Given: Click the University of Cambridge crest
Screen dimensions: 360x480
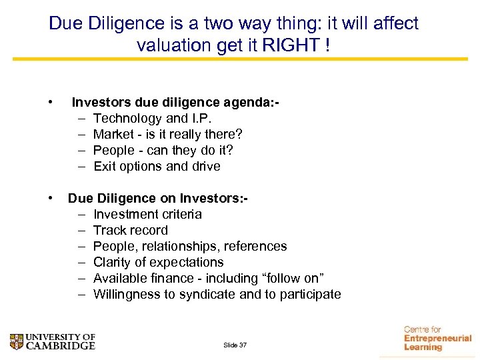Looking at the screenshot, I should pos(17,341).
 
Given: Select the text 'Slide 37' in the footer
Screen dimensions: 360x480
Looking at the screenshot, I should pos(235,345).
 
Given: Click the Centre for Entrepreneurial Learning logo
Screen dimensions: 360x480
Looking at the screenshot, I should pos(437,338).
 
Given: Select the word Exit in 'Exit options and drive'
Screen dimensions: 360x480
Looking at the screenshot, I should pos(105,166).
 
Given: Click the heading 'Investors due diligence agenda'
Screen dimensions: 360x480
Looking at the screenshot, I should pos(175,102).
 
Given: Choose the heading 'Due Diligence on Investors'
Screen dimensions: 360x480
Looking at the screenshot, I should pos(157,198).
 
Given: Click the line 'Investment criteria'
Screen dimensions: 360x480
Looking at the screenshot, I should pos(147,214).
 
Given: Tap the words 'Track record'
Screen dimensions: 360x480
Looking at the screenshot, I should pos(131,230).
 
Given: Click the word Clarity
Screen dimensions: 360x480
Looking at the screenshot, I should pos(113,262).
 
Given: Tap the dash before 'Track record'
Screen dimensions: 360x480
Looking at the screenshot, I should pos(81,230).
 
